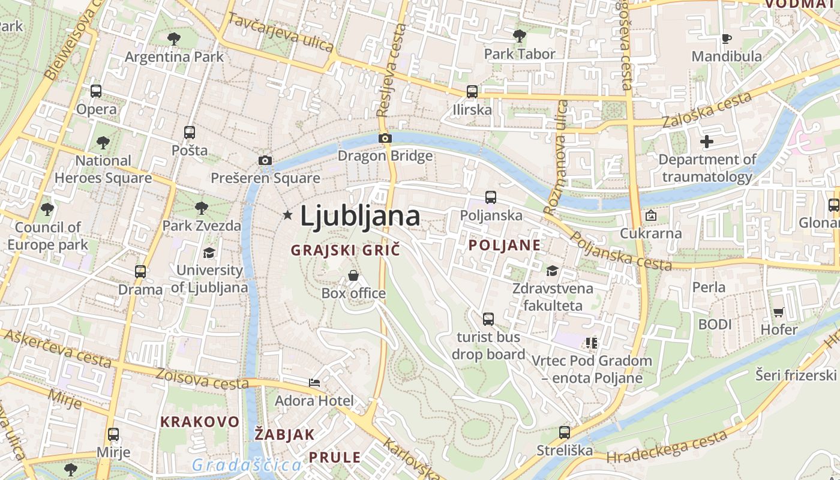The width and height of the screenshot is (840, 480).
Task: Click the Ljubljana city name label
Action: click(359, 216)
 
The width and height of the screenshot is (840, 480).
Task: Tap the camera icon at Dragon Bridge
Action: click(385, 139)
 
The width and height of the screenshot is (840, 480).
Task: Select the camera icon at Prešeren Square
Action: click(265, 160)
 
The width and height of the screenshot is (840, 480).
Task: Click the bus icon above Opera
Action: click(96, 91)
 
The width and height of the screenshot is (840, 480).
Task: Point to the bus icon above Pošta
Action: click(190, 132)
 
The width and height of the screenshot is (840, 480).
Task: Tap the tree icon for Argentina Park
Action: click(174, 39)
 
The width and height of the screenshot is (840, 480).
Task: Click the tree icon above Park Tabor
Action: click(520, 36)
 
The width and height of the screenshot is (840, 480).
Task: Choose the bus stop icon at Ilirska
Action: click(472, 92)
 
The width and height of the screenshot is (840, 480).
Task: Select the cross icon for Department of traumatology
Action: click(707, 142)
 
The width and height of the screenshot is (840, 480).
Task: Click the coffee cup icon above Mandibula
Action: click(727, 38)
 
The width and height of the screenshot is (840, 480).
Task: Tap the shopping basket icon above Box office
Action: click(353, 275)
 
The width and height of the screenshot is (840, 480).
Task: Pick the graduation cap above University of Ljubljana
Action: click(209, 253)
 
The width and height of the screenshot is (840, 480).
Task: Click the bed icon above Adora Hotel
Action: click(314, 382)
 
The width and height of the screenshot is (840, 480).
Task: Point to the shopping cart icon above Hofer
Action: click(779, 311)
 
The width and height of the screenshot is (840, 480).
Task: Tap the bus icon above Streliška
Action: click(564, 432)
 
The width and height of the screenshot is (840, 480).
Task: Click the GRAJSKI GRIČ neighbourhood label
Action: click(345, 250)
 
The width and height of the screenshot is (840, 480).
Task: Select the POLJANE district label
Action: click(505, 245)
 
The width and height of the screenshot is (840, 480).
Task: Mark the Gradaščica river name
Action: click(247, 465)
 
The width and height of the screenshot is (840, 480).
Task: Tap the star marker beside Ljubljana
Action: click(288, 215)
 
